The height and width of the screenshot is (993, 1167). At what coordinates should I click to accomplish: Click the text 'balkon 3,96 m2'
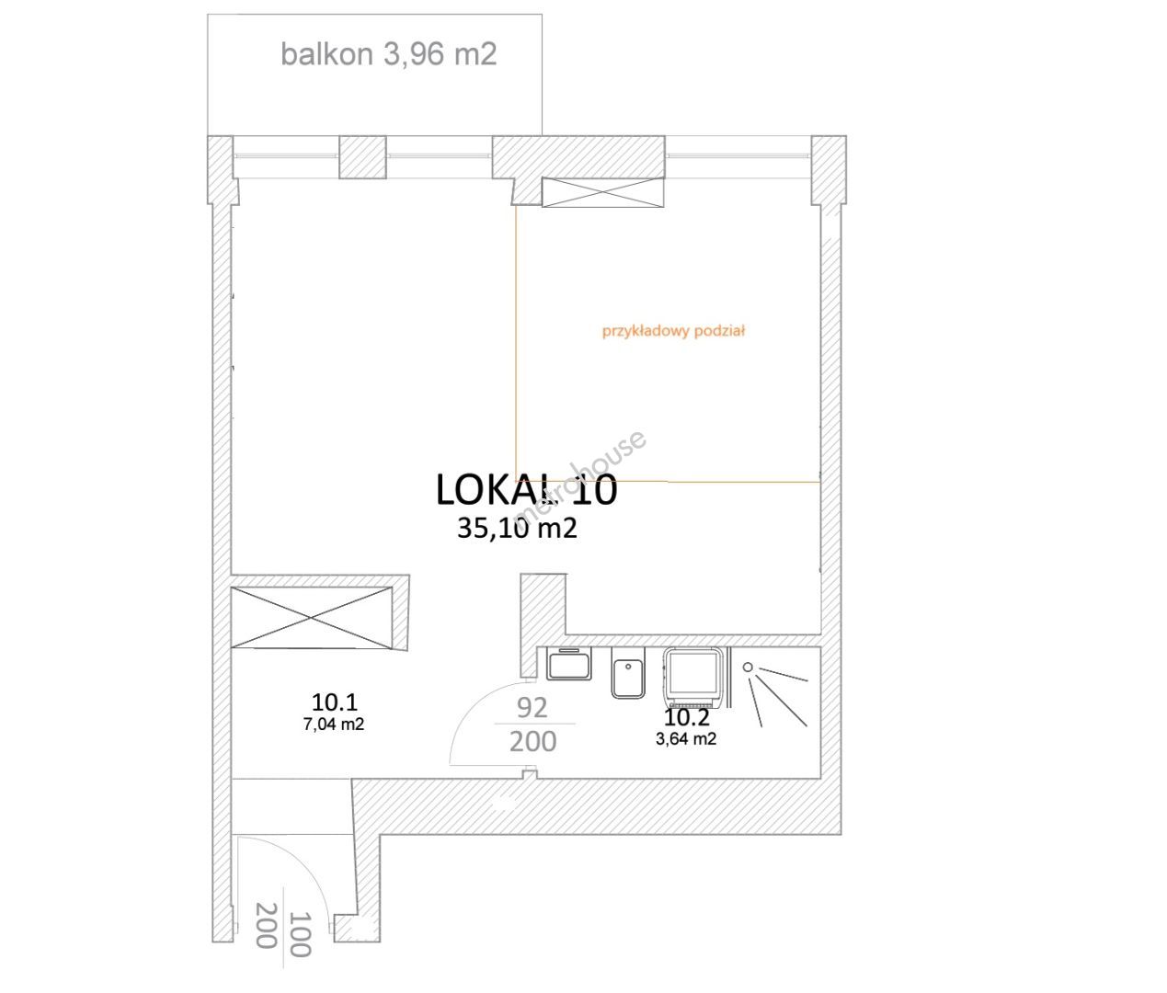[x=388, y=55]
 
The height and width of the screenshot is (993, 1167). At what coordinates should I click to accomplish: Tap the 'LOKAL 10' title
[x=527, y=489]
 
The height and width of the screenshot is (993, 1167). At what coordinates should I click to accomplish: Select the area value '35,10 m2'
[x=517, y=529]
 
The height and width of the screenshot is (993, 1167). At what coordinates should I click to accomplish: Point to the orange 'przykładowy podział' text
[x=673, y=331]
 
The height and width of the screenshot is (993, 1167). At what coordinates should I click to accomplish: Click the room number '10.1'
[x=335, y=702]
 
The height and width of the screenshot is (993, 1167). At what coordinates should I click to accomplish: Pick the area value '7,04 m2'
[x=334, y=725]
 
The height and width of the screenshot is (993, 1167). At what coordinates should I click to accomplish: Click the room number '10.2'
[x=687, y=717]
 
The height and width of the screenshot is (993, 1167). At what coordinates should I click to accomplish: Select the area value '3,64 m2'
[x=686, y=739]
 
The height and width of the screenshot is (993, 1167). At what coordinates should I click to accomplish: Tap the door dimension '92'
[x=532, y=708]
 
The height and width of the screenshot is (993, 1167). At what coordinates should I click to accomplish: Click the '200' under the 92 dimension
[x=533, y=742]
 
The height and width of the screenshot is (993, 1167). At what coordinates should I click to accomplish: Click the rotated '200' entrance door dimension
[x=267, y=925]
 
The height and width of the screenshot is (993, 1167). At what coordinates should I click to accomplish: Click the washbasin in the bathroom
[x=569, y=664]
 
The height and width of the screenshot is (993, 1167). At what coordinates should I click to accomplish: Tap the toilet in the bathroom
[x=627, y=673]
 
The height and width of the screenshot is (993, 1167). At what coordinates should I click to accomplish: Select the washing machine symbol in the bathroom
[x=693, y=678]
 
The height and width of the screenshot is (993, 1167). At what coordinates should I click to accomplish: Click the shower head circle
[x=748, y=668]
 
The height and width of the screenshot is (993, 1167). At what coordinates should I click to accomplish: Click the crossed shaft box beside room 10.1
[x=311, y=618]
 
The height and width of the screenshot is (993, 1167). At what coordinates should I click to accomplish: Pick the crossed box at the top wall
[x=603, y=192]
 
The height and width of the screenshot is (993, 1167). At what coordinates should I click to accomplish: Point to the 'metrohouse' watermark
[x=580, y=478]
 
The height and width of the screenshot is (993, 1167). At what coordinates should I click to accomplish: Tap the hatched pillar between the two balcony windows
[x=362, y=157]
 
